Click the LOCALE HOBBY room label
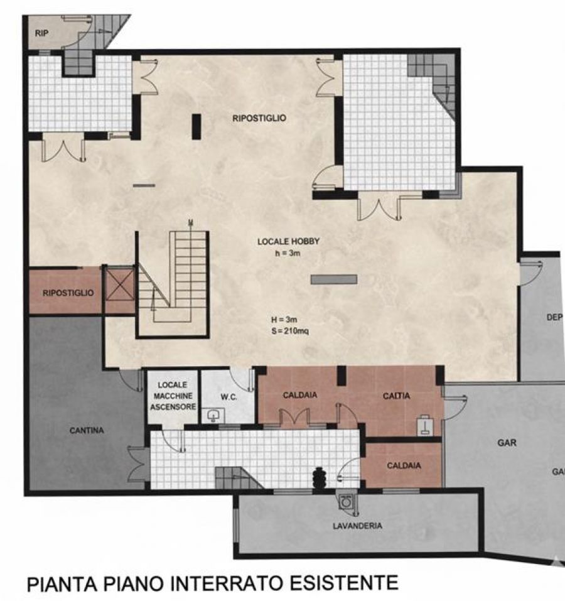pos(288,242)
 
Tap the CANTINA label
pos(87,430)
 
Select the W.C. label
pos(229,398)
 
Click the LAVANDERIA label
pos(357,526)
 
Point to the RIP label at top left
pos(42,33)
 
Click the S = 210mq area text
pos(290,331)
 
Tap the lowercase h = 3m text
pos(288,253)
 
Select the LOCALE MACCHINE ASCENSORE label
pos(173,396)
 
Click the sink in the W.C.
pos(213,416)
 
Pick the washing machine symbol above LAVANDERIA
pos(347,502)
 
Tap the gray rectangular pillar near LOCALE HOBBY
pos(333,279)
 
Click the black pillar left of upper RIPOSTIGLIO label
pos(196,126)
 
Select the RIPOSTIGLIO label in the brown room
pos(68,293)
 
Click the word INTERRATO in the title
pos(229,584)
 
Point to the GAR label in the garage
pos(507,443)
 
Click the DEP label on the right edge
pos(554,317)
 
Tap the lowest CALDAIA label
pos(404,466)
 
